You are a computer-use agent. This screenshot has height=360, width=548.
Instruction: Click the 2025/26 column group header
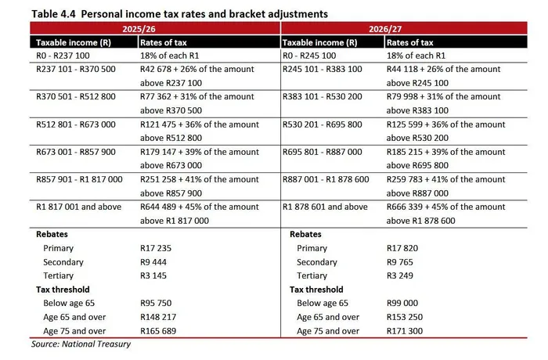click(155, 29)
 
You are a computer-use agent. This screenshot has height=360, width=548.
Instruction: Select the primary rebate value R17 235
click(156, 248)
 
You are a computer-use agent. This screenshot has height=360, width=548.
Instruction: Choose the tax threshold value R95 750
click(156, 303)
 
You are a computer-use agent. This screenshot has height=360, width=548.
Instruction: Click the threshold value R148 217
click(158, 317)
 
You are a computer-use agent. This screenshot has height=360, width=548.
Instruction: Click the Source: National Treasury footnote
click(81, 344)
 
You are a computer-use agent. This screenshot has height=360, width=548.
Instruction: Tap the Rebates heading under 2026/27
click(305, 234)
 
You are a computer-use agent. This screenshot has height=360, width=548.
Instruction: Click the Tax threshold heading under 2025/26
click(63, 290)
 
